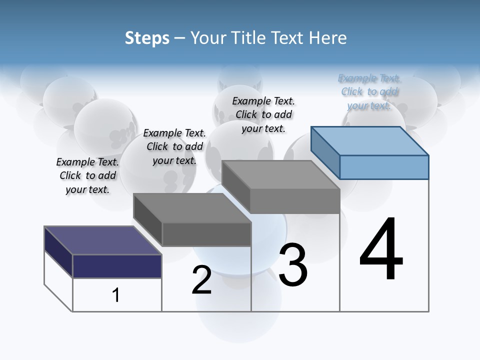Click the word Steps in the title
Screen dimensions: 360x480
(x=147, y=38)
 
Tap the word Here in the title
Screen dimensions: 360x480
(x=327, y=38)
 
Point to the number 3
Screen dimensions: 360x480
(x=293, y=265)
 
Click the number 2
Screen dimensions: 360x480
(x=201, y=280)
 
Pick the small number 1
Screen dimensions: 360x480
(x=115, y=295)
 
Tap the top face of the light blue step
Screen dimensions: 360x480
(x=369, y=140)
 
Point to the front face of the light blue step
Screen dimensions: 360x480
(x=384, y=167)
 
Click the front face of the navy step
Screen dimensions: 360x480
(x=117, y=266)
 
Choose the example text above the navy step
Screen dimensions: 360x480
(x=87, y=175)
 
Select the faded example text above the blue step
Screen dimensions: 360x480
(x=369, y=91)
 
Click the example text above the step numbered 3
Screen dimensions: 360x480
(x=263, y=114)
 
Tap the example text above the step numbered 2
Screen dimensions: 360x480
(x=174, y=146)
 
